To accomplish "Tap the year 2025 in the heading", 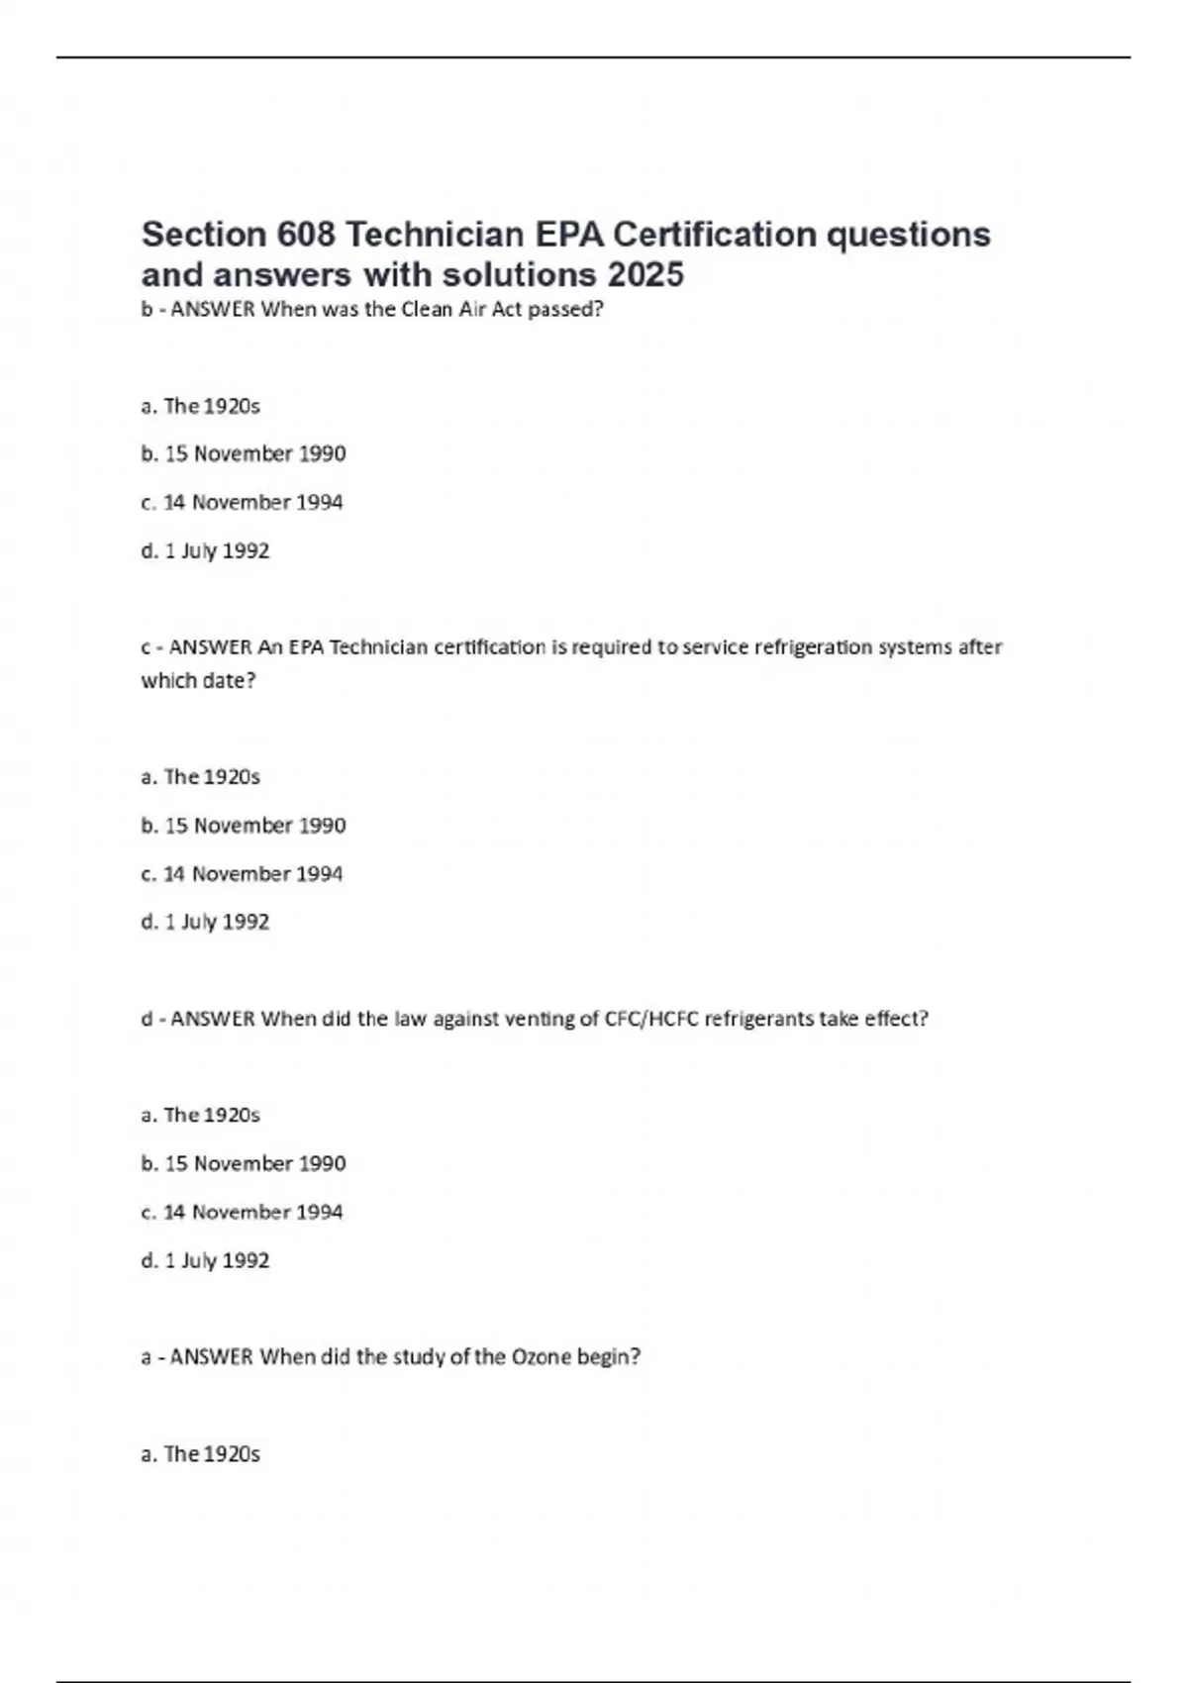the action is coord(645,274).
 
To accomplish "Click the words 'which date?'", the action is coord(198,681).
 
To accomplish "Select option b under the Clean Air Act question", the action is coord(244,454).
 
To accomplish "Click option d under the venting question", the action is coord(206,1260).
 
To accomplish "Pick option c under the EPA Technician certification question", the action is coord(243,874).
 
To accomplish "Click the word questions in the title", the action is coord(909,235).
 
